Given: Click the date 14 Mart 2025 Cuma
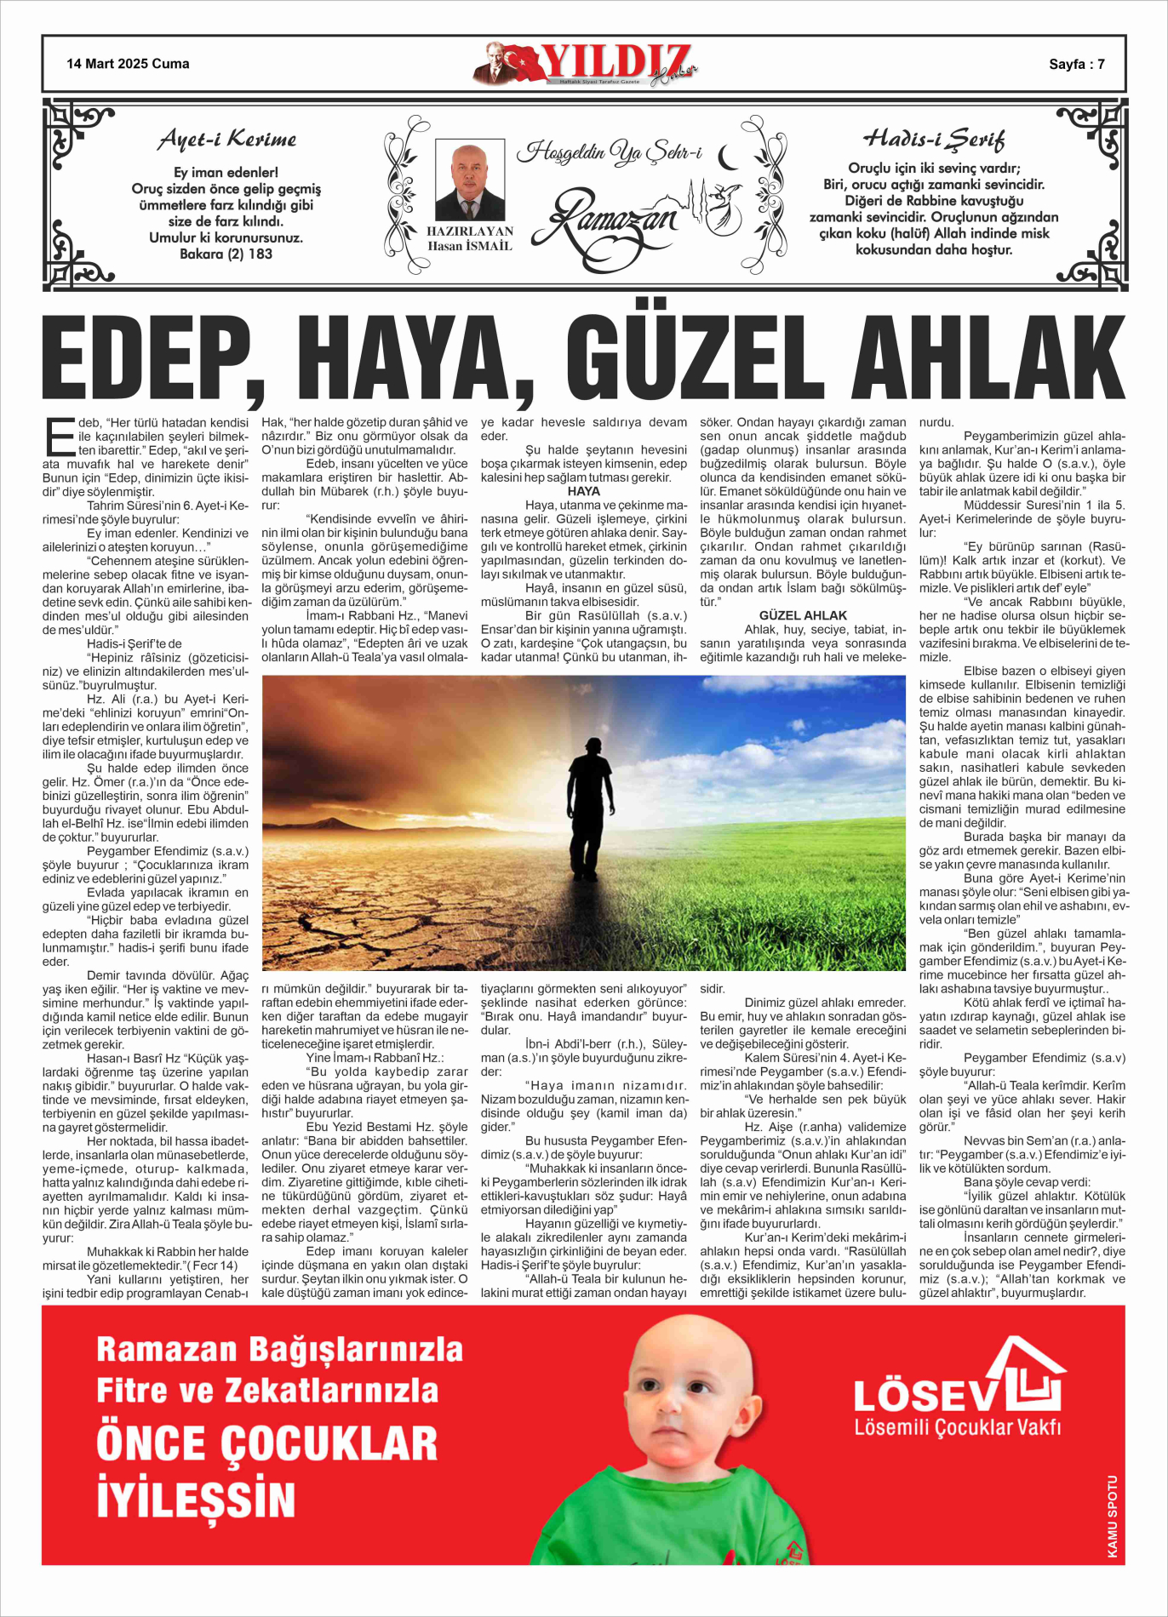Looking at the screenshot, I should click(x=128, y=64).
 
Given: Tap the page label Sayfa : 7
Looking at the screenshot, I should click(x=1077, y=64).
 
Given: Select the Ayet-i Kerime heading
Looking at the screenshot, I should click(x=227, y=140).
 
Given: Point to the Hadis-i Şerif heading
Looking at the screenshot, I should click(x=934, y=139).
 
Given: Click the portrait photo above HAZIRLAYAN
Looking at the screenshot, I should click(x=469, y=181).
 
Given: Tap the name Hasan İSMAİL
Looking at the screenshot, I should click(x=469, y=247).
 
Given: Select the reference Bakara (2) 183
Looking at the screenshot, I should click(x=226, y=254).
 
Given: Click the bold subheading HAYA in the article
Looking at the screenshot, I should click(x=584, y=492).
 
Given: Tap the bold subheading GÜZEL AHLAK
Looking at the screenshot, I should click(x=803, y=615).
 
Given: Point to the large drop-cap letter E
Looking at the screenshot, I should click(x=59, y=437).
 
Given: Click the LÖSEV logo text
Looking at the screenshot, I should click(x=925, y=1397).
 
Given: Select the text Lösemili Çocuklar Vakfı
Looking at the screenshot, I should click(x=958, y=1427).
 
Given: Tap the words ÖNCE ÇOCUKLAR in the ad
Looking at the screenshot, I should click(x=266, y=1443).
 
